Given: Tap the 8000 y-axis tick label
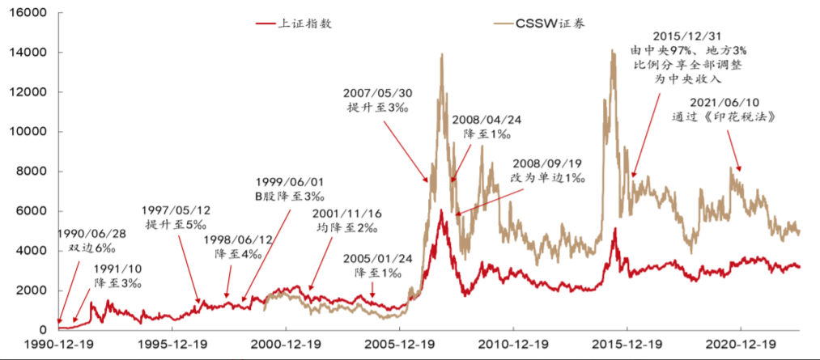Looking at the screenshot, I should pos(32,172).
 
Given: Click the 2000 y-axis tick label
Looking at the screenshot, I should pos(32,290).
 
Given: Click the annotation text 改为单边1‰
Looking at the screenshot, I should pos(548,177).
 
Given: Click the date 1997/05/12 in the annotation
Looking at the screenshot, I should pos(176,210).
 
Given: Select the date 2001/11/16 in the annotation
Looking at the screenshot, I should pos(349,214).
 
